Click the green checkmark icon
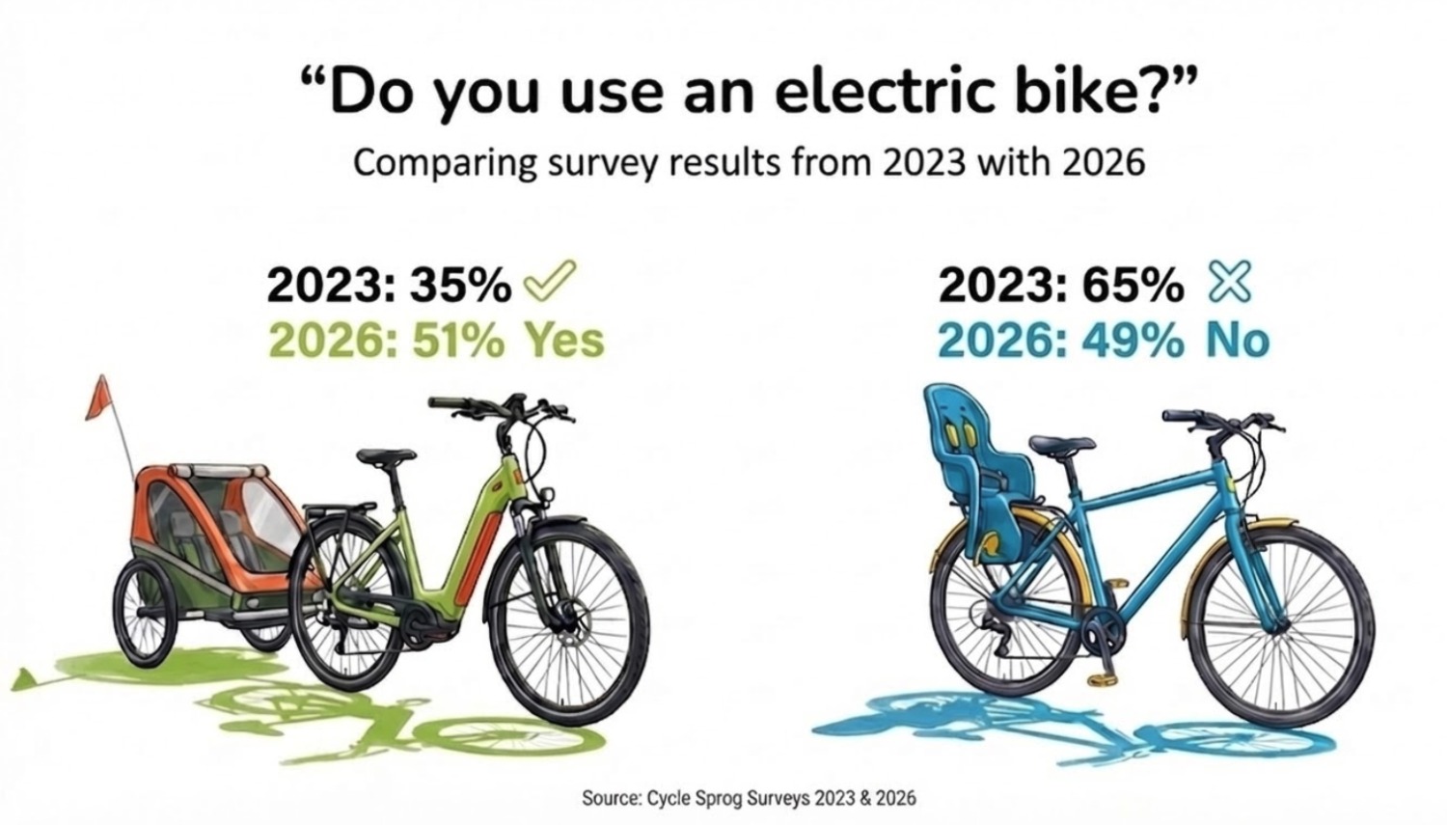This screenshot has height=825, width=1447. click(x=549, y=282)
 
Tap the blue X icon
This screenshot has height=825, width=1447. click(x=1229, y=283)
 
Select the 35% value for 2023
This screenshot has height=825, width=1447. click(x=460, y=285)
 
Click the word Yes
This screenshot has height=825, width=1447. click(x=563, y=340)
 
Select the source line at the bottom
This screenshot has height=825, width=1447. click(x=749, y=798)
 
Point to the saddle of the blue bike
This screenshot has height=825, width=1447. click(x=1061, y=445)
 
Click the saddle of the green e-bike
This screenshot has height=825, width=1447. click(x=385, y=455)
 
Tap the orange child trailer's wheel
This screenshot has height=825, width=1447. click(x=146, y=615)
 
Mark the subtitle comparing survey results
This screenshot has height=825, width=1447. click(x=749, y=162)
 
